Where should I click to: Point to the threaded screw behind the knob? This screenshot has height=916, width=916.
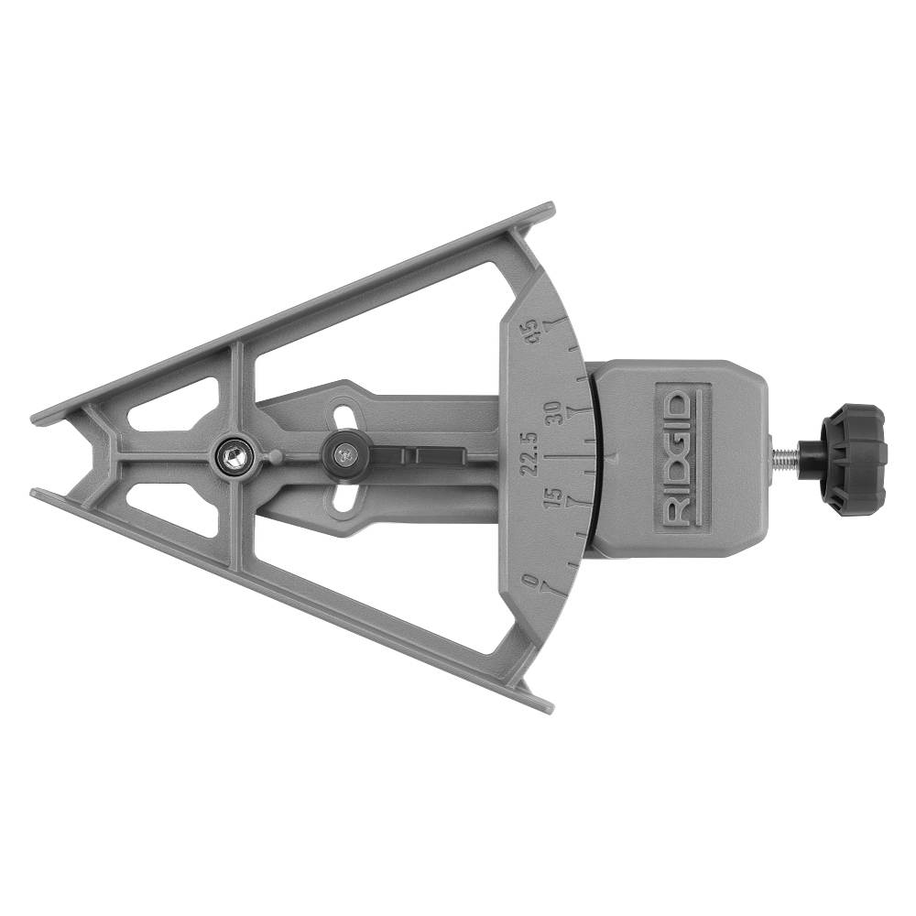[786, 455]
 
